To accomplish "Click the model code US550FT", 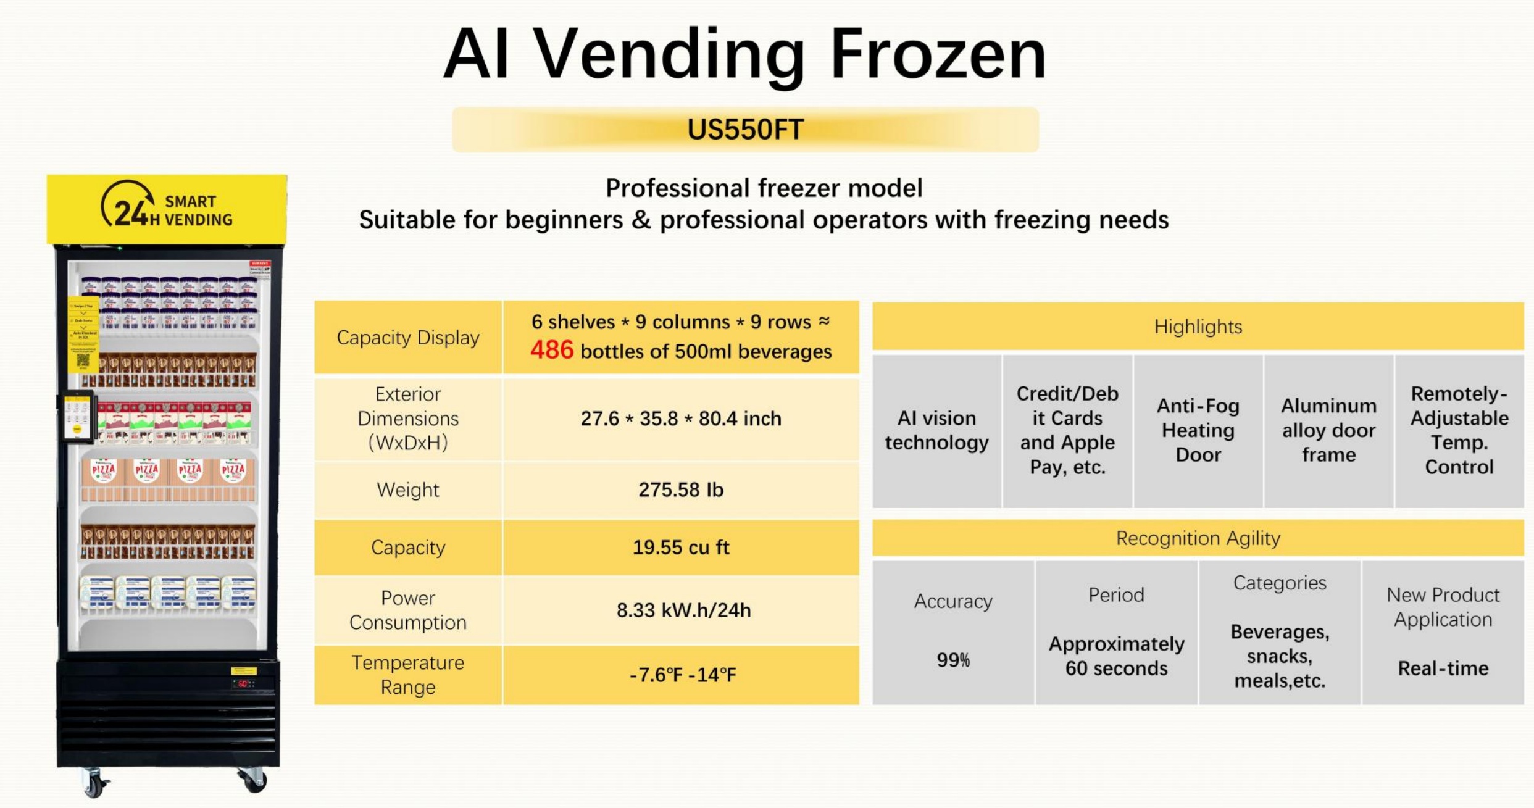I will click(x=745, y=130).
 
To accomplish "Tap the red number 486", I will click(x=552, y=350).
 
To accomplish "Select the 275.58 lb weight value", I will click(x=681, y=489).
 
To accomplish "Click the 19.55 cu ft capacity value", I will click(x=681, y=547).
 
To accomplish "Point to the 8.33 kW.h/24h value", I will click(x=683, y=610).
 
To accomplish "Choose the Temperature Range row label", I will click(x=407, y=674).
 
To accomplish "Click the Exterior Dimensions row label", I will click(x=407, y=418).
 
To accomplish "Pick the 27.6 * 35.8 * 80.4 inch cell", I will click(x=681, y=419).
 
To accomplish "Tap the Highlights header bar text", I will click(x=1198, y=327).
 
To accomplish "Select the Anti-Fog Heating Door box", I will click(x=1198, y=430).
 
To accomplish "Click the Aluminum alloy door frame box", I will click(x=1328, y=430).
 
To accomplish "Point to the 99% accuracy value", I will click(x=953, y=660).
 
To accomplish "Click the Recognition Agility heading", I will click(x=1198, y=538).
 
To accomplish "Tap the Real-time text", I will click(x=1443, y=668).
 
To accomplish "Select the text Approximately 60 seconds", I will click(x=1116, y=656).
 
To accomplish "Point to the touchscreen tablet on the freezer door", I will click(x=77, y=417).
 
